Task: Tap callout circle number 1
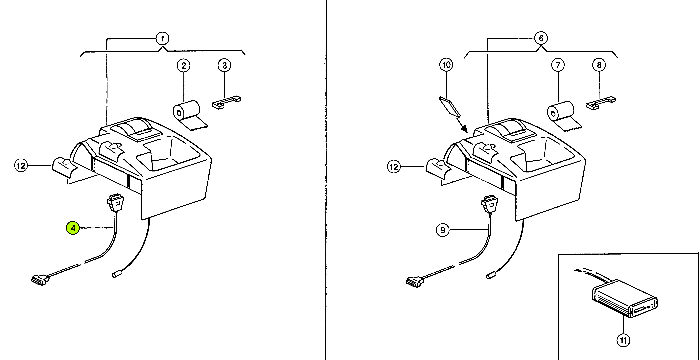point(162,39)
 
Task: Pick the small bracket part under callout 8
point(601,103)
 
